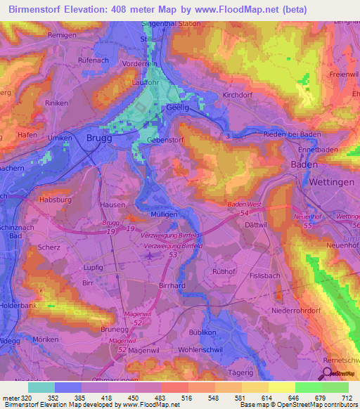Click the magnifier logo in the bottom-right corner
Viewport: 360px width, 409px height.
point(327,375)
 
